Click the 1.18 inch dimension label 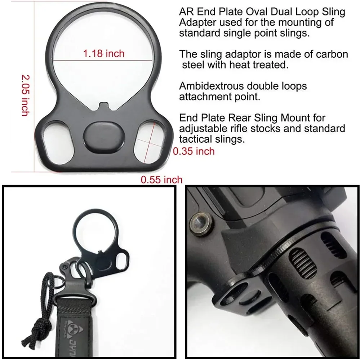103,54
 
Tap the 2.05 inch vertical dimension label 25,95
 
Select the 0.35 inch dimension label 194,151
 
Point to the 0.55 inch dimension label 161,179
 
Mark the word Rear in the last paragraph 237,117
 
